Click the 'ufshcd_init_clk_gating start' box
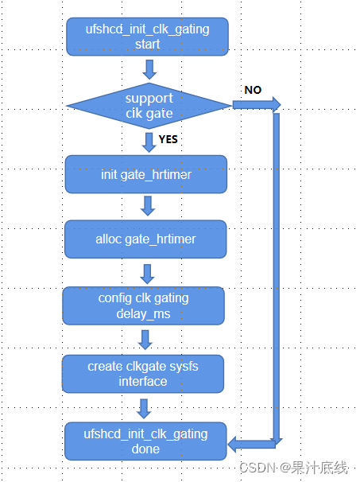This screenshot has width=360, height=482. [x=147, y=37]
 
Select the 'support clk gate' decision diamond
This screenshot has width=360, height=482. [x=149, y=106]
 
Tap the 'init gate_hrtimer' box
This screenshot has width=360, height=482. [x=146, y=174]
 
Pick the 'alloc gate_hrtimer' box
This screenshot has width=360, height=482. [x=145, y=239]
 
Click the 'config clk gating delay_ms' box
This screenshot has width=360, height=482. [x=143, y=306]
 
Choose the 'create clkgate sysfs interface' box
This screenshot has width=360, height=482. [x=143, y=374]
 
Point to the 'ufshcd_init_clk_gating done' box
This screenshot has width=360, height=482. [x=145, y=441]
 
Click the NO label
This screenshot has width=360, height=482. [x=253, y=90]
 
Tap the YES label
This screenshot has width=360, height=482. [x=168, y=139]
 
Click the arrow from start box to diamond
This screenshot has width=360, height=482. [x=149, y=69]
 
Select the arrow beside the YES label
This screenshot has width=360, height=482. [x=149, y=142]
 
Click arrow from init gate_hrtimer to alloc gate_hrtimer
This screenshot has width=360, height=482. [x=148, y=206]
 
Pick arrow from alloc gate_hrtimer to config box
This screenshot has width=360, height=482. [x=148, y=274]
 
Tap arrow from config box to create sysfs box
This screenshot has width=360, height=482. [x=145, y=340]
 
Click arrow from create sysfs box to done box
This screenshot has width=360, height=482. [x=144, y=409]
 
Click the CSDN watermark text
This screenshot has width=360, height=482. [x=293, y=468]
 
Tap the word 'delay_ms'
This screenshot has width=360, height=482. [x=143, y=314]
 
